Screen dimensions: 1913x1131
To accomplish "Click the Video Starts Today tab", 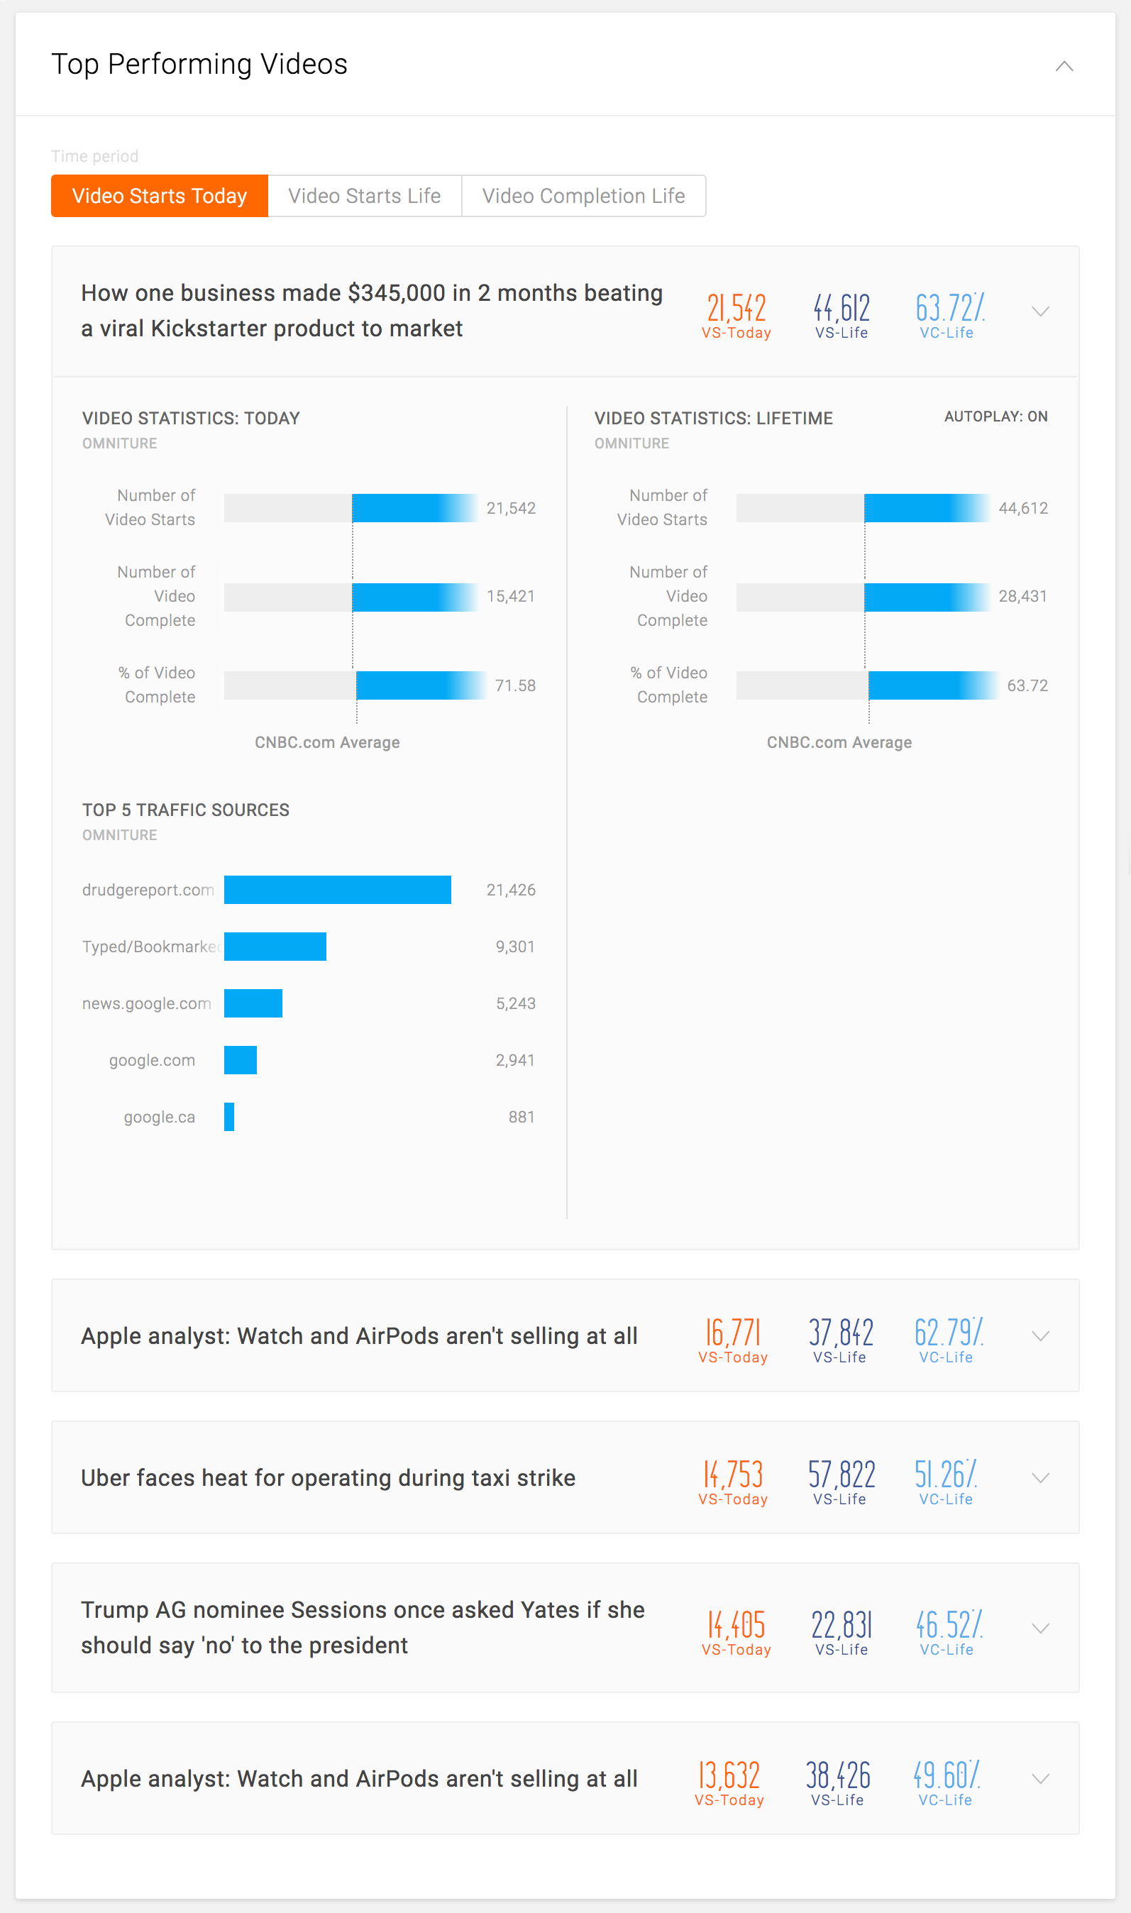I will [159, 196].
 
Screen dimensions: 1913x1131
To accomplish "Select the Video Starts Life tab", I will [364, 196].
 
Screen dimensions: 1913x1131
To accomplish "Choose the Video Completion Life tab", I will [583, 196].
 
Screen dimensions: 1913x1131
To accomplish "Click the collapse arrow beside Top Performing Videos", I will [1064, 66].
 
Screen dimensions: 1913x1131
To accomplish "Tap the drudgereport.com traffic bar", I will [337, 889].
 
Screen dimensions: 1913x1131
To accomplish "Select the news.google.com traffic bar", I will [253, 1003].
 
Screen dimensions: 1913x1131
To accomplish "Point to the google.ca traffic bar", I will [228, 1117].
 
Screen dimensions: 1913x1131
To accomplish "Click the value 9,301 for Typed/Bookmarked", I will [514, 947].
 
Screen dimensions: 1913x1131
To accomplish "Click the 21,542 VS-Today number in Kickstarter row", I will [736, 309].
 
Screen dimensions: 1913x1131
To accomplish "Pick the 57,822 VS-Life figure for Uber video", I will [841, 1474].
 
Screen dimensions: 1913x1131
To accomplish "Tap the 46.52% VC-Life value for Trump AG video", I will [948, 1625].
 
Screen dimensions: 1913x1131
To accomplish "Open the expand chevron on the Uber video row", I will [1040, 1478].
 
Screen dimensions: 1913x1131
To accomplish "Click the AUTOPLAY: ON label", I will [995, 416].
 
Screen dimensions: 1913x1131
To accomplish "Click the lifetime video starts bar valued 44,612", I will [925, 507].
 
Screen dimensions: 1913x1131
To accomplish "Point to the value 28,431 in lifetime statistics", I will [1022, 596].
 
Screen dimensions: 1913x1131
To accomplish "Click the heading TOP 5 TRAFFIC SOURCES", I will [186, 810].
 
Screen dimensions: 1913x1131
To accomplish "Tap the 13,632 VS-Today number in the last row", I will [729, 1776].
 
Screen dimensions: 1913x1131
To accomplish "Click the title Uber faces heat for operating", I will [328, 1478].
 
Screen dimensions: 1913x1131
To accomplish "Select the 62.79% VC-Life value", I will [948, 1333].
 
